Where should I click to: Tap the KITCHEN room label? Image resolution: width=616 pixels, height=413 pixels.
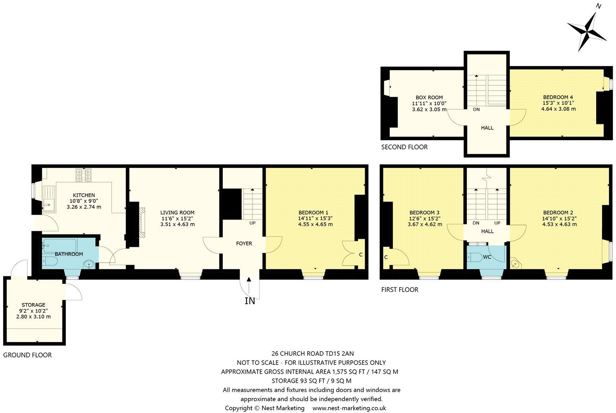(x=84, y=195)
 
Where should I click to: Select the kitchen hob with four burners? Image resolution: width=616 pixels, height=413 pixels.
(x=84, y=175)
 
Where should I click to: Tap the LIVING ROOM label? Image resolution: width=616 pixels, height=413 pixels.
(x=177, y=212)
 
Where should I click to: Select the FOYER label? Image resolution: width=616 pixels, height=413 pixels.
(x=244, y=243)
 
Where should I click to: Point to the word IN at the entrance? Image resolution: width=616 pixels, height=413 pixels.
(x=250, y=301)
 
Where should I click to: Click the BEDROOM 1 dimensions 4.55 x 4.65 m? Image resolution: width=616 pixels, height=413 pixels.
(x=315, y=224)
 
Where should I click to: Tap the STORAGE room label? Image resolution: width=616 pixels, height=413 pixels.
(x=33, y=305)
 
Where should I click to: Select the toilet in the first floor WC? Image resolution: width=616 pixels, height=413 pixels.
(x=473, y=257)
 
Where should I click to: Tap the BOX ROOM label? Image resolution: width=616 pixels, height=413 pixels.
(x=429, y=97)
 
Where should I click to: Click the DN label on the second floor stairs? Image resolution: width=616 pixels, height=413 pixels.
(x=476, y=109)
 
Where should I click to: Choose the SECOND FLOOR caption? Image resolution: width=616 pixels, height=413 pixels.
(x=404, y=147)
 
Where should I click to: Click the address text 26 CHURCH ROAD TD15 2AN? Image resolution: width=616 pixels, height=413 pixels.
(x=312, y=353)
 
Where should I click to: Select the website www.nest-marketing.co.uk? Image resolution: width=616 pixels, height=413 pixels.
(x=349, y=408)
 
